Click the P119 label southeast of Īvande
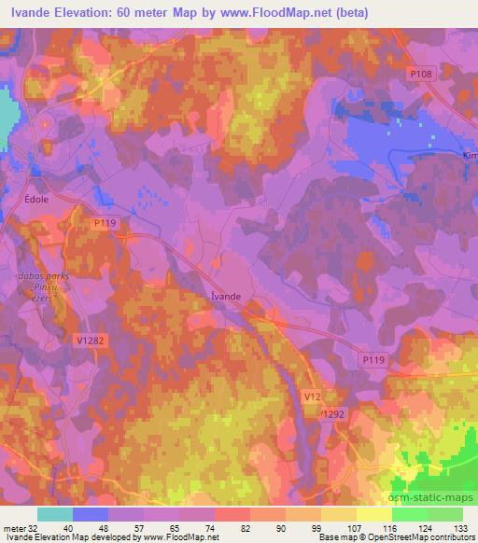click(x=372, y=357)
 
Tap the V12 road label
click(x=315, y=397)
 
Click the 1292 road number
click(x=334, y=412)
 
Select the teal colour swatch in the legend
click(x=55, y=514)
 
